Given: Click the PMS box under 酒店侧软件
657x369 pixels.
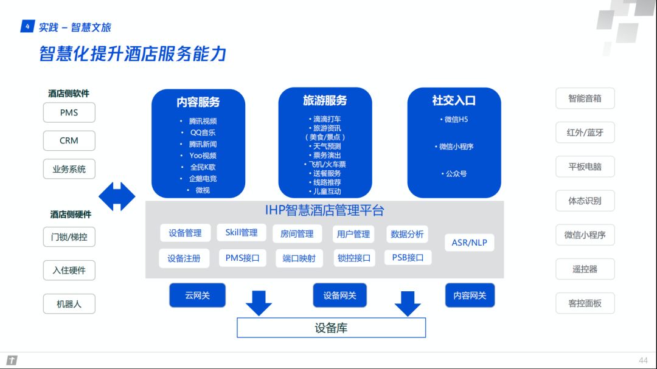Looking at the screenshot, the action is pyautogui.click(x=69, y=112).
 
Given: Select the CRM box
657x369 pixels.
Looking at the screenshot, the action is pyautogui.click(x=69, y=141).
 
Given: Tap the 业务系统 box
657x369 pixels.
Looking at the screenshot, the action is pyautogui.click(x=69, y=169).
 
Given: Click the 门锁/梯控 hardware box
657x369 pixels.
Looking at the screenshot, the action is pyautogui.click(x=69, y=237).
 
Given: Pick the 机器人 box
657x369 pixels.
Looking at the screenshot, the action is pyautogui.click(x=69, y=304).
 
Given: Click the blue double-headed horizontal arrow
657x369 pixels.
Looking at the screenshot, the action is pyautogui.click(x=117, y=196).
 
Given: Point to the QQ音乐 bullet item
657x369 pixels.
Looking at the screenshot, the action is pyautogui.click(x=203, y=133).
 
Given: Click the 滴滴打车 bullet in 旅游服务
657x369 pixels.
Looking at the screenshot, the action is pyautogui.click(x=325, y=119).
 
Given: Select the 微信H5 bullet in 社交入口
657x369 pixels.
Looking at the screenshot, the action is pyautogui.click(x=454, y=119).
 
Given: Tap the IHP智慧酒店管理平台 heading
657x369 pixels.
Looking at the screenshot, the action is pyautogui.click(x=325, y=210).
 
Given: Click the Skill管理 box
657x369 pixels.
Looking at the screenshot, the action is pyautogui.click(x=242, y=232).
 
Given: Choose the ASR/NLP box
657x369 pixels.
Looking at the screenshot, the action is pyautogui.click(x=469, y=243).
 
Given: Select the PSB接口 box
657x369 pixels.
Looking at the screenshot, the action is pyautogui.click(x=408, y=258).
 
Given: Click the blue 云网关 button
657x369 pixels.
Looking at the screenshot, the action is pyautogui.click(x=197, y=295).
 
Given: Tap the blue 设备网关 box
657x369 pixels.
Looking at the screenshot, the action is pyautogui.click(x=340, y=295).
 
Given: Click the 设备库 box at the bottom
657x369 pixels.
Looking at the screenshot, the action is pyautogui.click(x=332, y=328).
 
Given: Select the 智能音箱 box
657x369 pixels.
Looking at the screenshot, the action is pyautogui.click(x=585, y=98).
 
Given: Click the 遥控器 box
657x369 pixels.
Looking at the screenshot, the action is pyautogui.click(x=585, y=269).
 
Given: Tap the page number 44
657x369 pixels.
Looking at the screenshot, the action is pyautogui.click(x=643, y=360).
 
